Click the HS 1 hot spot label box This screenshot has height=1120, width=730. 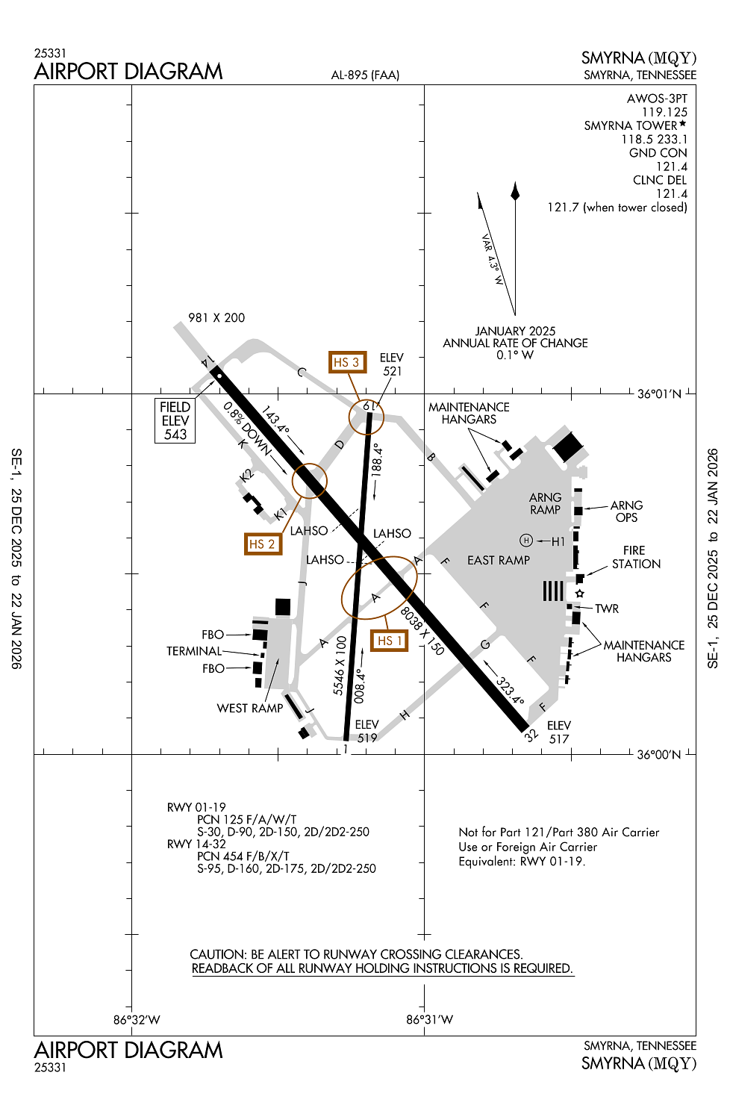[390, 641]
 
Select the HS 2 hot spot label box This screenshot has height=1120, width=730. [263, 544]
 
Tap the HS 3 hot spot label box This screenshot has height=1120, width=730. [347, 362]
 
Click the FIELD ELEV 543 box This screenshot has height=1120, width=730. [175, 420]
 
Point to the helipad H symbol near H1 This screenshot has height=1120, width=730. [526, 541]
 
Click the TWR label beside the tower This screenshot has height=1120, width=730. [607, 609]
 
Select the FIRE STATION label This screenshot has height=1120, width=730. [636, 557]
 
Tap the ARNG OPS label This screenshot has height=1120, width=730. [626, 511]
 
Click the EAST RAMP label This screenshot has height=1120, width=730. [499, 560]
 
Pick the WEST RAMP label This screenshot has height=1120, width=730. [250, 708]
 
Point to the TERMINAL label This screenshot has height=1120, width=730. [194, 651]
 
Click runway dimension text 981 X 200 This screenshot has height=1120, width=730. [216, 317]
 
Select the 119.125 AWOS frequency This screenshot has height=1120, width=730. [664, 112]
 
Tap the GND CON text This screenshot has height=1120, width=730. [658, 152]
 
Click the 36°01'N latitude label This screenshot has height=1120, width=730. [659, 393]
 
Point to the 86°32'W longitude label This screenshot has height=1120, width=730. [137, 1019]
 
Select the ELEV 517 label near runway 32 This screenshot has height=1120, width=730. [559, 732]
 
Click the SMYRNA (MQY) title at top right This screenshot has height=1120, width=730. [639, 58]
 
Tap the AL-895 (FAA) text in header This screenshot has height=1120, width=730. [365, 75]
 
